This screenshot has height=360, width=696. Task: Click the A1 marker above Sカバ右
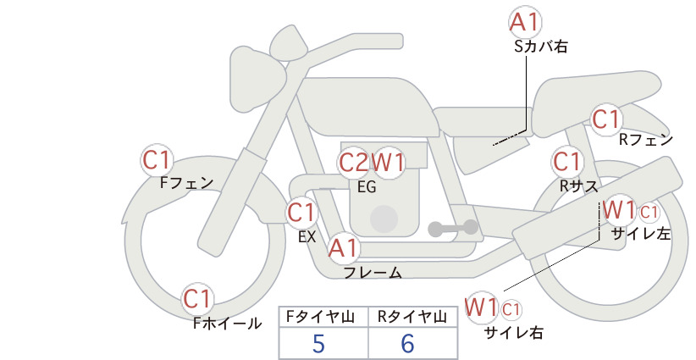pyautogui.click(x=525, y=23)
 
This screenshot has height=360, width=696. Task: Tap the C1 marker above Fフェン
pyautogui.click(x=157, y=160)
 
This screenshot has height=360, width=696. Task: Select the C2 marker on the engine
pyautogui.click(x=354, y=163)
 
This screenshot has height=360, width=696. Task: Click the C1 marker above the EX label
pyautogui.click(x=301, y=213)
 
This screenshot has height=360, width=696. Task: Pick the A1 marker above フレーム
pyautogui.click(x=343, y=248)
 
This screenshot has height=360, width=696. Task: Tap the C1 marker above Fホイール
pyautogui.click(x=197, y=299)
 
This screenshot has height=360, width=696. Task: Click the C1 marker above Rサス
pyautogui.click(x=566, y=162)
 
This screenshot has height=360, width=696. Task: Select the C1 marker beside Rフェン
pyautogui.click(x=606, y=119)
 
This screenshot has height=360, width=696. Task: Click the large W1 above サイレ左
pyautogui.click(x=620, y=210)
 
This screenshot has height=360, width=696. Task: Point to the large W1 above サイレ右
pyautogui.click(x=481, y=307)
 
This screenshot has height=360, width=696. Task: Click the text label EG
pyautogui.click(x=367, y=187)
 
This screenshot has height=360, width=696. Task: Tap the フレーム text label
pyautogui.click(x=373, y=273)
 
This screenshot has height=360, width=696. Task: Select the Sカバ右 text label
pyautogui.click(x=541, y=47)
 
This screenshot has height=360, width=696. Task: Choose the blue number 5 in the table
pyautogui.click(x=318, y=344)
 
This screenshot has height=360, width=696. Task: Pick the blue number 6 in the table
pyautogui.click(x=407, y=344)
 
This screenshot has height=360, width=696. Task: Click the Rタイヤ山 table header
pyautogui.click(x=412, y=317)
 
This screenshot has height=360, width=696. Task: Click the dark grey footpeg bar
pyautogui.click(x=453, y=228)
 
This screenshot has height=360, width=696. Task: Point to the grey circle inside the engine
pyautogui.click(x=384, y=219)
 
